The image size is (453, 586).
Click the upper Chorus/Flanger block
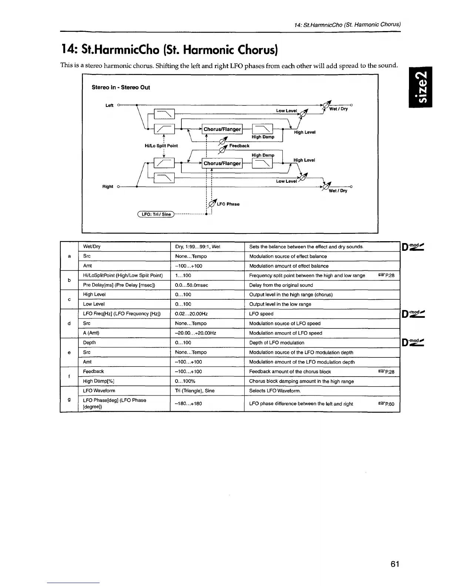click(222, 129)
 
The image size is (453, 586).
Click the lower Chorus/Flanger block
click(222, 163)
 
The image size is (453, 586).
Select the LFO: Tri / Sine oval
click(155, 214)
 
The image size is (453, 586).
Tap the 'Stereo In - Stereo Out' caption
click(121, 87)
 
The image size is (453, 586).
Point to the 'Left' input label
click(109, 105)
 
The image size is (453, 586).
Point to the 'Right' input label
click(108, 186)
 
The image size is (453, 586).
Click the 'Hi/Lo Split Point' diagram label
click(161, 146)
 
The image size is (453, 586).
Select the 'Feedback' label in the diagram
click(239, 146)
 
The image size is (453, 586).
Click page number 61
click(395, 564)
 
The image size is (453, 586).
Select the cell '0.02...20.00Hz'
click(191, 314)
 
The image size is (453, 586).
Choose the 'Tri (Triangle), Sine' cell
click(195, 391)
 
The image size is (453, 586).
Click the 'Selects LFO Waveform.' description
click(275, 391)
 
